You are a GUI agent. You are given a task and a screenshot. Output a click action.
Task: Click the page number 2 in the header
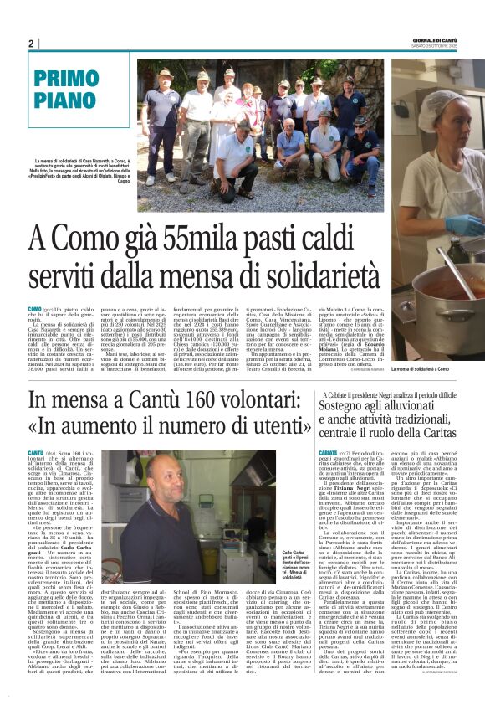31,44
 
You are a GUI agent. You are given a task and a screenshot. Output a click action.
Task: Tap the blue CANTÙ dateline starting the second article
36,452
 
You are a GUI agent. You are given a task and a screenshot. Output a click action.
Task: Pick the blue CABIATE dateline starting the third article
329,453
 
